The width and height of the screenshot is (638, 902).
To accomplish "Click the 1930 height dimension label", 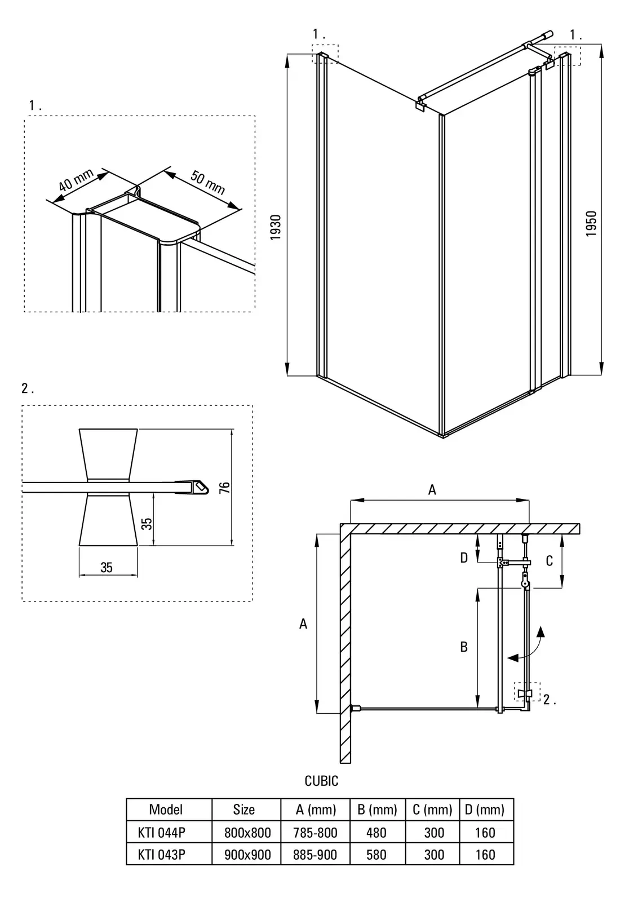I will (x=276, y=227).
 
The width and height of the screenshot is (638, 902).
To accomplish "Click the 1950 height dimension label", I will (x=591, y=223).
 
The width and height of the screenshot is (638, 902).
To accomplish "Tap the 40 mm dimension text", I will (x=76, y=181).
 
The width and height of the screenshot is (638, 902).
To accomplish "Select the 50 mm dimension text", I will (x=207, y=182).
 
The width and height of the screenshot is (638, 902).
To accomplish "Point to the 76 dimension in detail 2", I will (x=224, y=488).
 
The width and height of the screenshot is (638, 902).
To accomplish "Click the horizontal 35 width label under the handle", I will (x=107, y=568).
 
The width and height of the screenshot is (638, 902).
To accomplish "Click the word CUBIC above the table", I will (x=321, y=781).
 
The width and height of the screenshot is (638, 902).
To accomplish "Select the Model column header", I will (x=166, y=810).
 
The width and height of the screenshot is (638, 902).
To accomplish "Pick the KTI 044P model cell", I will (x=161, y=833).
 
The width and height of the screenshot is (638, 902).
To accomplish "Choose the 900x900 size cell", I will (x=247, y=855).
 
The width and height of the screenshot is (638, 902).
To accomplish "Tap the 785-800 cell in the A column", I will (x=315, y=833).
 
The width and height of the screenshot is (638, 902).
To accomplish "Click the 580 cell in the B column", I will (x=376, y=855).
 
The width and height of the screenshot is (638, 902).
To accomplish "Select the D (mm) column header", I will (x=485, y=810).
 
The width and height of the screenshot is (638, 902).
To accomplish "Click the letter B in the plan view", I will (x=464, y=647).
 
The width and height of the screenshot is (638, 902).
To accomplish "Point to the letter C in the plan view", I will (x=549, y=560).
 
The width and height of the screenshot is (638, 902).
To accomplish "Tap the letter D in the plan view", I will (x=464, y=558).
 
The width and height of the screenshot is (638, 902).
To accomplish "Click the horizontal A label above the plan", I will (x=432, y=490).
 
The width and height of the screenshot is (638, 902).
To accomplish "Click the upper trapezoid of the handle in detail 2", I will (x=108, y=454).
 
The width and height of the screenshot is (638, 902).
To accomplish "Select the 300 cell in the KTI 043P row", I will (x=434, y=855).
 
